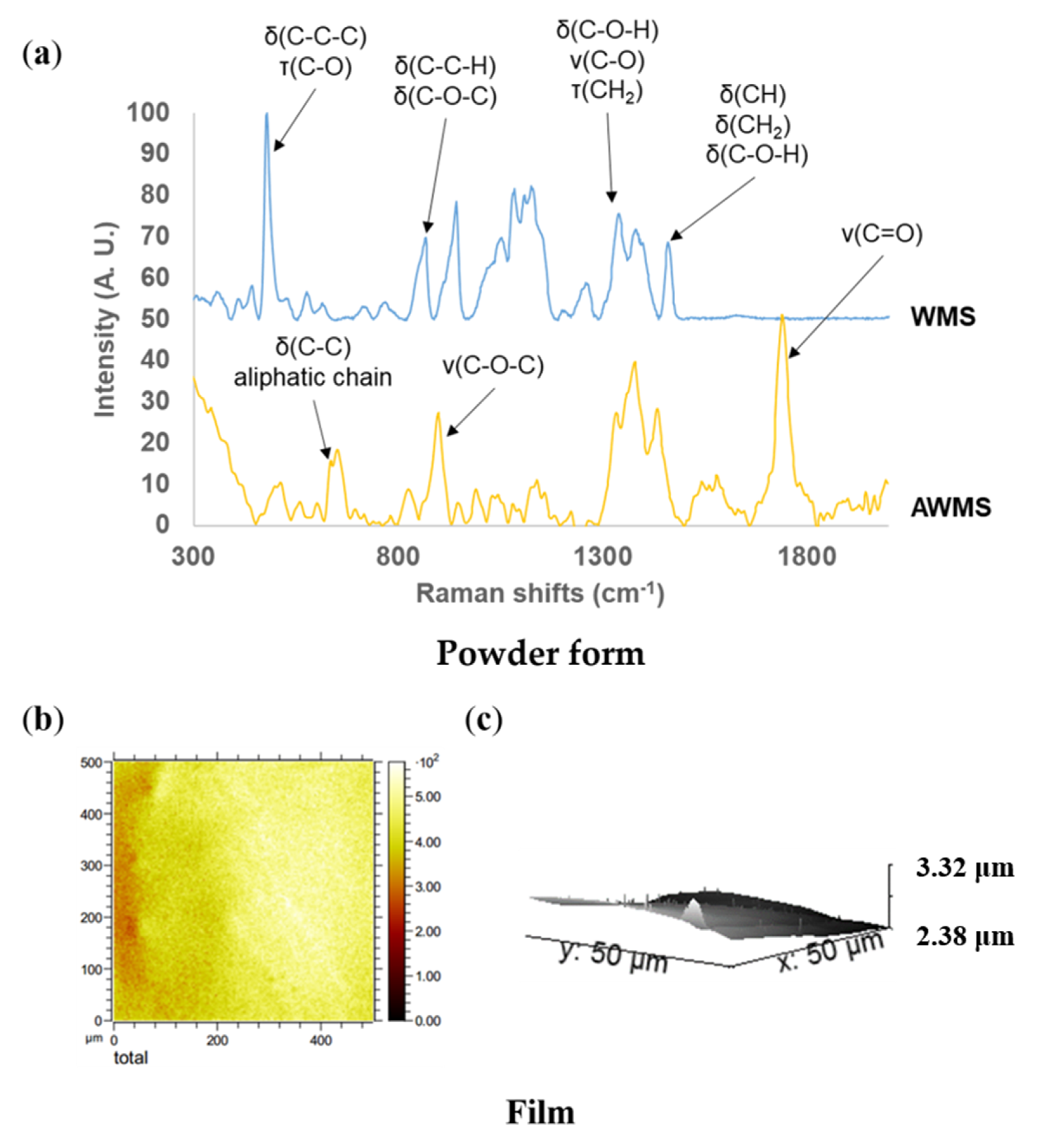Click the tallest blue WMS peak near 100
click(x=266, y=115)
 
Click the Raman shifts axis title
click(x=540, y=594)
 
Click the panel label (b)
click(x=42, y=720)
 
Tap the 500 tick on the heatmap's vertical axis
click(x=91, y=763)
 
